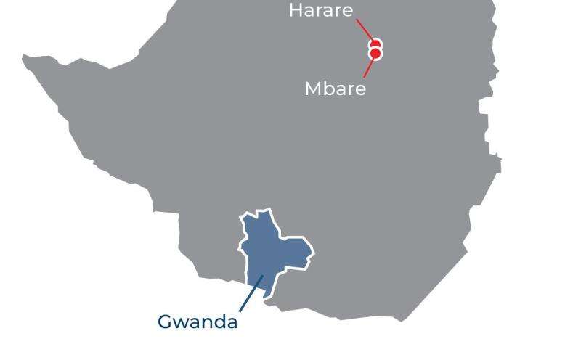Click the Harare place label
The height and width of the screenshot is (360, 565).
[320, 11]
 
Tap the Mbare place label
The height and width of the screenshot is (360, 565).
[335, 89]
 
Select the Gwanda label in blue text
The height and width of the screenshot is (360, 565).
[198, 322]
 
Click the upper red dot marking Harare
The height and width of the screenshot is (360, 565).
[375, 45]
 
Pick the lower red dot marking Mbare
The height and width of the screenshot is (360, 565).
[375, 54]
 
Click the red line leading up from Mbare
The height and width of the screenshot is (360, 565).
[369, 67]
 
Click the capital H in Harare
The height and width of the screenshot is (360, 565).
[296, 11]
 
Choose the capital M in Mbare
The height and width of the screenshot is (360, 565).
[313, 89]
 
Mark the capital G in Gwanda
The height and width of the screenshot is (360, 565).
[165, 322]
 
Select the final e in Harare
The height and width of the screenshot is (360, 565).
[347, 12]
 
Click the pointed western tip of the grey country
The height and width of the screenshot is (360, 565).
[23, 57]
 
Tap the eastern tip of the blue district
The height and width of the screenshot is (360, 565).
[313, 253]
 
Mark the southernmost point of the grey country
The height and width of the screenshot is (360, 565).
[402, 320]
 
